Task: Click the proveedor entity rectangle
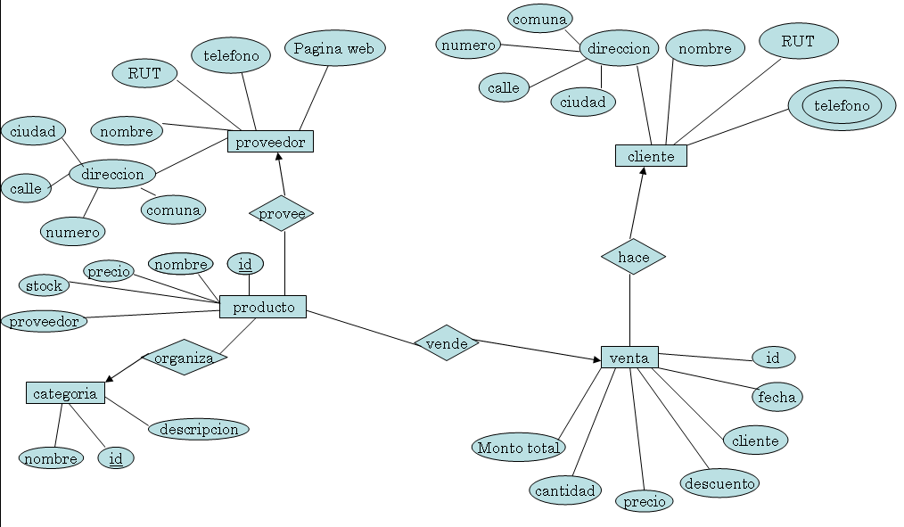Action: pos(270,142)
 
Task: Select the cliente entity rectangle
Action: pos(651,156)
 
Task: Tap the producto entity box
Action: pos(263,307)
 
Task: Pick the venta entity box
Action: pos(629,358)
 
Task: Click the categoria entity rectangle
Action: pos(65,393)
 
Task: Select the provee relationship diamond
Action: pos(282,213)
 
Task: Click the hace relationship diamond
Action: pos(633,257)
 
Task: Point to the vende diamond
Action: pos(447,343)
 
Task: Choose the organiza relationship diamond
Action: pos(185,358)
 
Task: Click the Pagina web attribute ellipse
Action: pos(335,48)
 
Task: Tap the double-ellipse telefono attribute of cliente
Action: pos(842,105)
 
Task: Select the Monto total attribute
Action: pos(519,448)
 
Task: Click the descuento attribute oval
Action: pos(719,483)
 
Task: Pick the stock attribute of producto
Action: pos(44,285)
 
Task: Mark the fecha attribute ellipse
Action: pos(777,397)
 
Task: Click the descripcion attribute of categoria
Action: pos(199,429)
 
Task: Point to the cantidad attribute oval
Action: pos(565,490)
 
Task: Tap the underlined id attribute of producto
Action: pos(245,264)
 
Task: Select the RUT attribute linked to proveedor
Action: pos(144,73)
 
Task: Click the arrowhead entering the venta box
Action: pos(597,359)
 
